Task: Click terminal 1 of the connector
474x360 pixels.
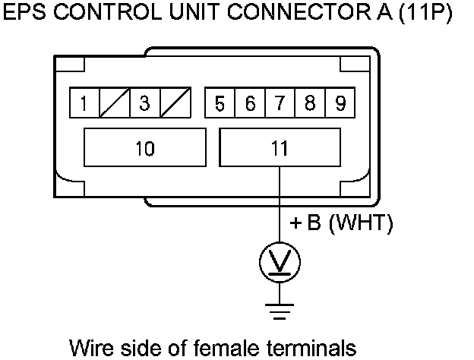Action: [84, 103]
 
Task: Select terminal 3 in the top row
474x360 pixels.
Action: [144, 103]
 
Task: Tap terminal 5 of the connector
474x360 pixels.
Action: [220, 103]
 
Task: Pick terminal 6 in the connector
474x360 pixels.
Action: [250, 103]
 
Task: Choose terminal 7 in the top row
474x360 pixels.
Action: [280, 103]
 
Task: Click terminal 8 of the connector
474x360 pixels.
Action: [309, 103]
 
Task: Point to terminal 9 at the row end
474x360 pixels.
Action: [338, 103]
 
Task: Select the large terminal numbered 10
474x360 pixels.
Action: [144, 147]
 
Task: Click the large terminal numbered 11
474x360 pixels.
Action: [280, 147]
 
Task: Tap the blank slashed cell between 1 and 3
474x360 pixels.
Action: [114, 103]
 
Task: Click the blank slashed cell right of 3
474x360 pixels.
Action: [174, 103]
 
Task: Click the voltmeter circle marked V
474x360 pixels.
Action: [280, 263]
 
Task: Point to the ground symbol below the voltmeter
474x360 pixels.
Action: [280, 308]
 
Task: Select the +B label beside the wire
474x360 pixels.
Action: [307, 224]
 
